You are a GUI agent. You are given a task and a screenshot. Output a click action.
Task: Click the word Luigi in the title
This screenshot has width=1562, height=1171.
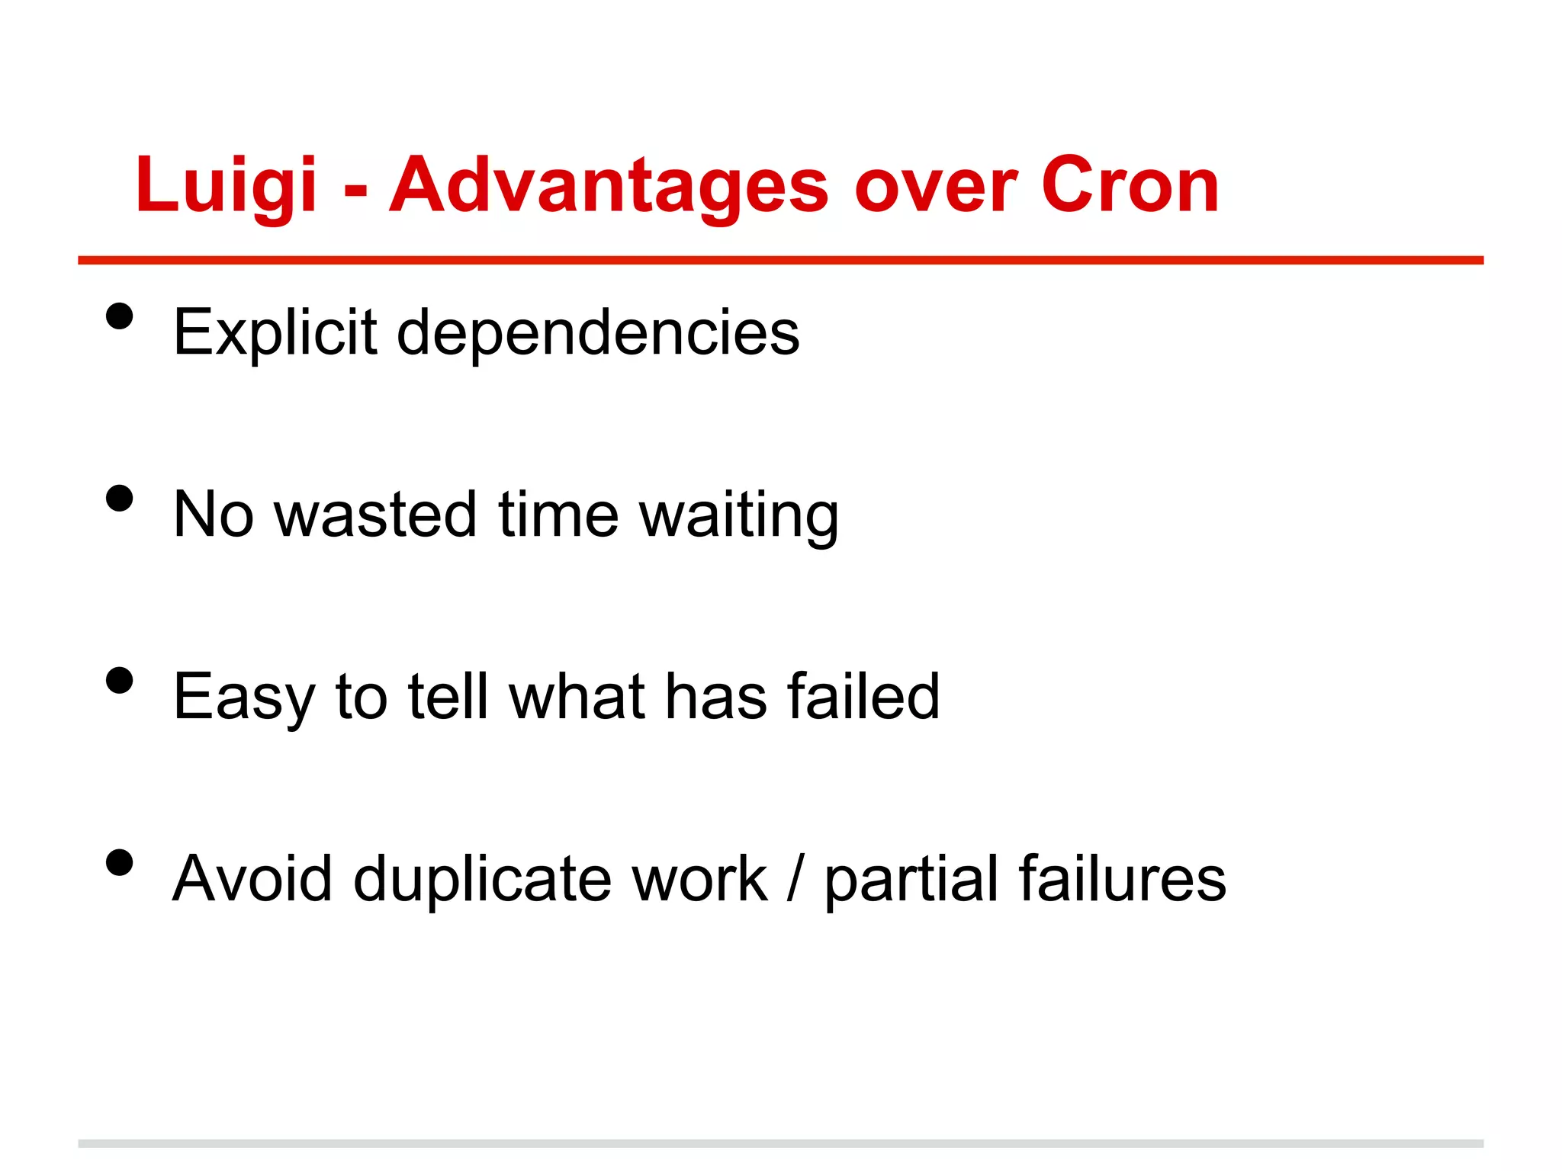click(226, 185)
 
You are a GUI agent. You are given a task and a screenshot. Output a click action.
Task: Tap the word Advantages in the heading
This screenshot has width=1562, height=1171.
click(608, 185)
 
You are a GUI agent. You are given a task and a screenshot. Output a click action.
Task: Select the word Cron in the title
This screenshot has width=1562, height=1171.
click(1130, 185)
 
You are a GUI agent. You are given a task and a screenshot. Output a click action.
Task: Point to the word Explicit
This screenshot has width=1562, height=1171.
click(275, 332)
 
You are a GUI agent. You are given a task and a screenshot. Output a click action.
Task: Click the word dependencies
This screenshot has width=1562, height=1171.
click(598, 332)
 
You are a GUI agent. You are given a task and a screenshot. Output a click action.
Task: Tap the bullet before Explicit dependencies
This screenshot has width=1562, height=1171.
click(120, 316)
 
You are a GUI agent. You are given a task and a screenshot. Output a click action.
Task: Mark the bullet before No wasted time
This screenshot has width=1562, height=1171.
click(120, 499)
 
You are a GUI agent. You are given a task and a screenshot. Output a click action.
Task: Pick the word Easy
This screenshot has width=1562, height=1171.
click(243, 697)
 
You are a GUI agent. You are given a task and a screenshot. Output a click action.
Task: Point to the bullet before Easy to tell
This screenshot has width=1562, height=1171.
click(120, 680)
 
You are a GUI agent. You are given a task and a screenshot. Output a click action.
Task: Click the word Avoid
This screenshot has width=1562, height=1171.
click(252, 878)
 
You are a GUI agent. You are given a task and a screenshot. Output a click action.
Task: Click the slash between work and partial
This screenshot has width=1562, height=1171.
click(795, 878)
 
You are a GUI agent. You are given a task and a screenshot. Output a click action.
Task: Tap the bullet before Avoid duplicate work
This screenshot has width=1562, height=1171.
click(120, 863)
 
